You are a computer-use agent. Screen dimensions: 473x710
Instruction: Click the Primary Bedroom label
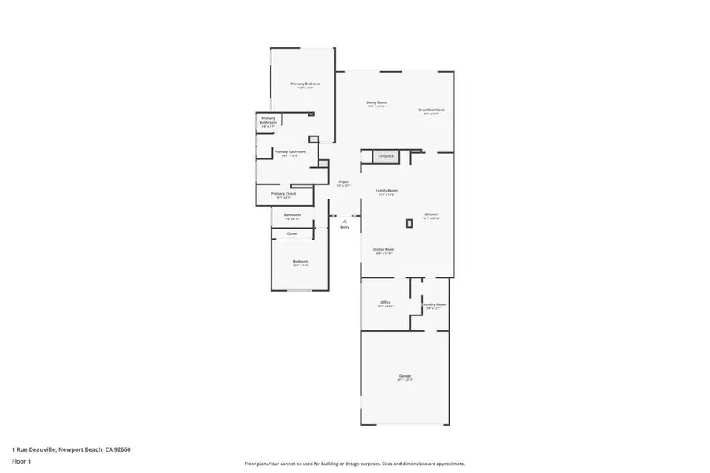pos(305,84)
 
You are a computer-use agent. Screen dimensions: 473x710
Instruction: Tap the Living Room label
pos(376,102)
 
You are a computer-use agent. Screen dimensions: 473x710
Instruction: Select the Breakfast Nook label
pos(432,110)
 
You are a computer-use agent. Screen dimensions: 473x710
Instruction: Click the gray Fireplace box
pos(386,156)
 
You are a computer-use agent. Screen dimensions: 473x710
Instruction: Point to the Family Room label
pos(386,190)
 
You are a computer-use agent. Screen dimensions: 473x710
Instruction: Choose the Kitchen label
pos(432,214)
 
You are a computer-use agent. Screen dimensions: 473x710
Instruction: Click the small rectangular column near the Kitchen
pos(409,224)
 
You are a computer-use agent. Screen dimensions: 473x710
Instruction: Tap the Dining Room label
pos(384,249)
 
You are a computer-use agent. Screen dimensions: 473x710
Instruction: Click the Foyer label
pos(343,183)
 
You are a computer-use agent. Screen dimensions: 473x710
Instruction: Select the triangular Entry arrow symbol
pos(345,222)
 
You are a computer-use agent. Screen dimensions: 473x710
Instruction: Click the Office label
pos(385,303)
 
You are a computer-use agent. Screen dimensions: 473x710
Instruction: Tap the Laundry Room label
pos(433,304)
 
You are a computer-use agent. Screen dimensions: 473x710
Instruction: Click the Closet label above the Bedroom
pos(292,233)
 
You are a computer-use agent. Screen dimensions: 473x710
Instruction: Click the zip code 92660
pos(121,449)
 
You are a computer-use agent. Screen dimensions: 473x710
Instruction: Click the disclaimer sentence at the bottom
pos(354,464)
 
